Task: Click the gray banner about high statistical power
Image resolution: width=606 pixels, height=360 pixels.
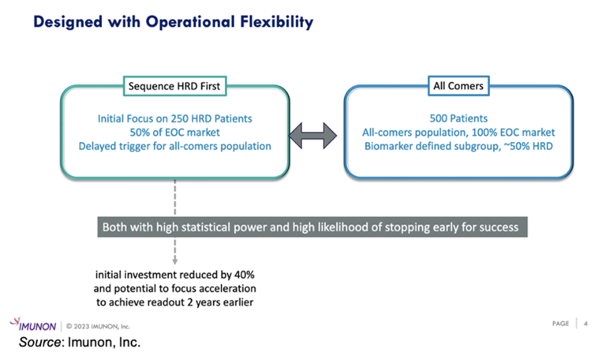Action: click(x=310, y=227)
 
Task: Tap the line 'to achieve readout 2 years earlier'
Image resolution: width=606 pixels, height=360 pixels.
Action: click(x=174, y=302)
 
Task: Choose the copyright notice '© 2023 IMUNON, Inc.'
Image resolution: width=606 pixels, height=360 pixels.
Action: click(x=99, y=325)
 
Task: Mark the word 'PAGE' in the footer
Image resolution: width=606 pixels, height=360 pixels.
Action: click(x=559, y=324)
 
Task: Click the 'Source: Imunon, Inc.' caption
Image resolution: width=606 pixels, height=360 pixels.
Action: click(x=79, y=343)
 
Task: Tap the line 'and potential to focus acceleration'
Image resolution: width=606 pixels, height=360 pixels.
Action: click(x=174, y=287)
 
